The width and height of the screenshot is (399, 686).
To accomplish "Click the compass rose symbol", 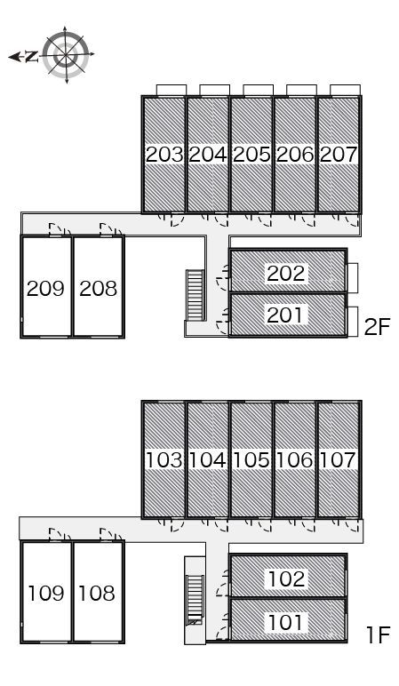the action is pyautogui.click(x=66, y=55).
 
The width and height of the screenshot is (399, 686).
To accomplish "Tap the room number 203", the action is pyautogui.click(x=164, y=155).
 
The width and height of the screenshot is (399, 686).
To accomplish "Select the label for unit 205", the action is pyautogui.click(x=251, y=155).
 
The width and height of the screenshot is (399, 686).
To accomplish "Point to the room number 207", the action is pyautogui.click(x=339, y=155).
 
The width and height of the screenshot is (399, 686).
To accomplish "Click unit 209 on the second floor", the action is pyautogui.click(x=46, y=286).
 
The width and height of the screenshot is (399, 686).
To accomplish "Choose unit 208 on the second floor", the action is pyautogui.click(x=99, y=286).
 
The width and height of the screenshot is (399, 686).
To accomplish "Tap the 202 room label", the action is pyautogui.click(x=285, y=274).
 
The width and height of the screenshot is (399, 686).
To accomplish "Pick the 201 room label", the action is pyautogui.click(x=284, y=315).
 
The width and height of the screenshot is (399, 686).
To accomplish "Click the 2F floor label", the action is pyautogui.click(x=377, y=327).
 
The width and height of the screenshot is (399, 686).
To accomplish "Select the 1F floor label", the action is pyautogui.click(x=378, y=635).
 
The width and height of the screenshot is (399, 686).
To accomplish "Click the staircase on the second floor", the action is pyautogui.click(x=196, y=295).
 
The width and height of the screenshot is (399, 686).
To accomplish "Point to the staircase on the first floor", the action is pyautogui.click(x=196, y=600).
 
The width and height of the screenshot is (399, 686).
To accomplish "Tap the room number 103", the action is pyautogui.click(x=164, y=460).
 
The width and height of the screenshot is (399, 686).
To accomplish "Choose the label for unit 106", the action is pyautogui.click(x=295, y=460).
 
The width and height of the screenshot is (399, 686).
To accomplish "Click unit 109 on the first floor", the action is pyautogui.click(x=46, y=593).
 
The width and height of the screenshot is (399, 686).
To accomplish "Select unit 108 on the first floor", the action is pyautogui.click(x=99, y=593).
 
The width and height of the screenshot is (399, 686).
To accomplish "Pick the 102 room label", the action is pyautogui.click(x=286, y=578).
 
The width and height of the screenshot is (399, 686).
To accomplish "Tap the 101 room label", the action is pyautogui.click(x=285, y=622).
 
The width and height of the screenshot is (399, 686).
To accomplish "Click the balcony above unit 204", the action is pyautogui.click(x=215, y=90).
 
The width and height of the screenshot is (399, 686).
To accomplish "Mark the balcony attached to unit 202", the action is pyautogui.click(x=352, y=278).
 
